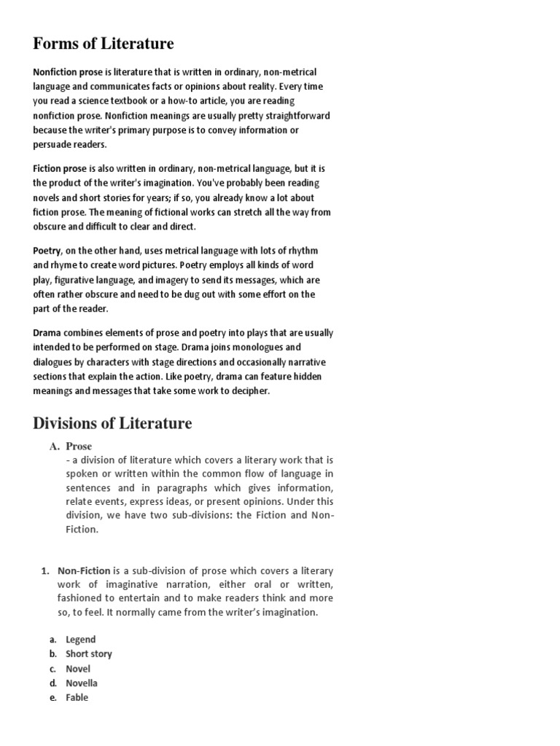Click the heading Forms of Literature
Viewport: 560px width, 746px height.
(x=104, y=44)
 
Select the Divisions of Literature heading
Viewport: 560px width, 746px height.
(x=112, y=423)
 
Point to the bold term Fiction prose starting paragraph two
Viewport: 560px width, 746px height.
(x=60, y=168)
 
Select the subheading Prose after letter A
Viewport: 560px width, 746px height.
(x=79, y=446)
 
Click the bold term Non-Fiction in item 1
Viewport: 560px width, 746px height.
(x=84, y=571)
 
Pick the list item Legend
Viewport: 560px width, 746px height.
(x=80, y=640)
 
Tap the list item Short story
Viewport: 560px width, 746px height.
(x=89, y=654)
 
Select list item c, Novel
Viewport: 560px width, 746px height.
(x=78, y=669)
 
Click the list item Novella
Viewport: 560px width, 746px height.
(x=81, y=683)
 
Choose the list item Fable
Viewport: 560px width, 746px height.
(x=77, y=698)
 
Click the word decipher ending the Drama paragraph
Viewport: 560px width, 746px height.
(x=249, y=391)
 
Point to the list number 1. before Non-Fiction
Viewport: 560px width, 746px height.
(x=44, y=571)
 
